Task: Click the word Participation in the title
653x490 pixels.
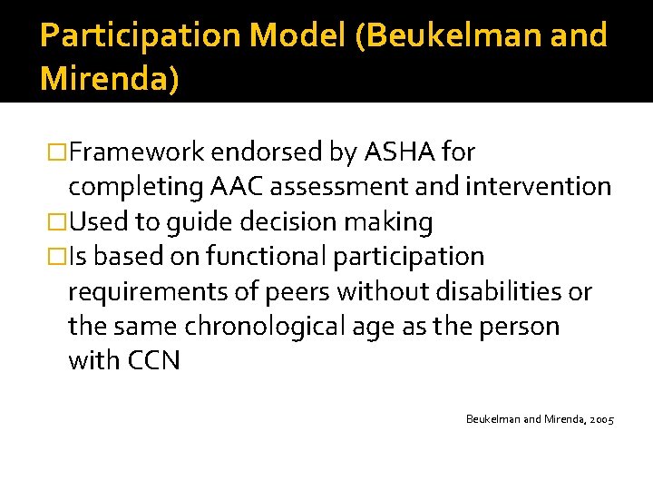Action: tap(141, 35)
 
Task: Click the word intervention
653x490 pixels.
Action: tap(539, 187)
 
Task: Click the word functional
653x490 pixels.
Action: tap(262, 257)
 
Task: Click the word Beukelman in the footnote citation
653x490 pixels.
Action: tap(493, 419)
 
